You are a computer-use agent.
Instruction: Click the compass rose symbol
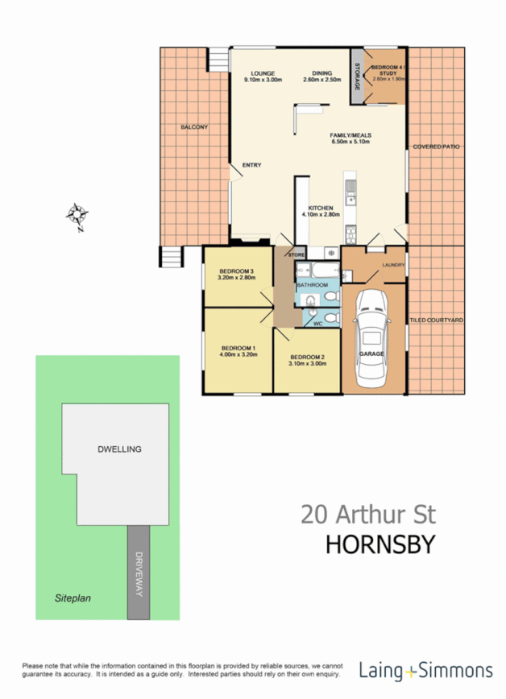coord(77,217)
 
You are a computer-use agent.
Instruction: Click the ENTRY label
coord(252,166)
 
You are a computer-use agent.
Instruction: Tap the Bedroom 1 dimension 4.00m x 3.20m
coord(238,354)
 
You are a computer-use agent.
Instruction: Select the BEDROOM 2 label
coord(307,357)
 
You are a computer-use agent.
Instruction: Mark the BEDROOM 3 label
coord(236,271)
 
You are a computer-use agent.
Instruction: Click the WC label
coord(317,324)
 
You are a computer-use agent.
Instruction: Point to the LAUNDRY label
coord(394,264)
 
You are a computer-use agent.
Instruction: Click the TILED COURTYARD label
coord(437,321)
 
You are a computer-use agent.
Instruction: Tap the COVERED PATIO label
coord(436,147)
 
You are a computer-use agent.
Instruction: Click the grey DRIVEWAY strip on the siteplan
coord(138,572)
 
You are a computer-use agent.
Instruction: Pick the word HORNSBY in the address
coord(379,544)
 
